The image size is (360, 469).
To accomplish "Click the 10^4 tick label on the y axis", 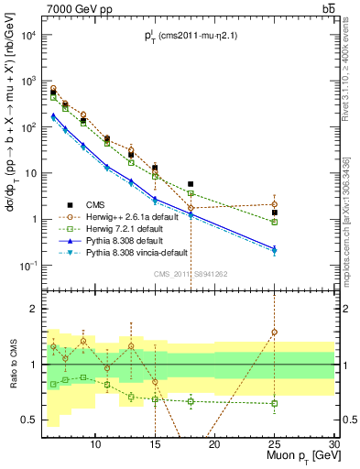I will (x=27, y=35).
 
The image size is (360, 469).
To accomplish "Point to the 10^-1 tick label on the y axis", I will (x=27, y=266).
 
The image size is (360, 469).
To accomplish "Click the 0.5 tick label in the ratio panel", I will (x=28, y=420).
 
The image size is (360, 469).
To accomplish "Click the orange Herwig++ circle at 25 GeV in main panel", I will (x=274, y=204).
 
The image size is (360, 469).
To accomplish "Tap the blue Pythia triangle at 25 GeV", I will (x=274, y=248).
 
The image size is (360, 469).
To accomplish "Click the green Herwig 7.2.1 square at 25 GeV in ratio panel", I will (x=274, y=403).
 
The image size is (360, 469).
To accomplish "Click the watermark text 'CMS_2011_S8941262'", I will (x=191, y=272).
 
